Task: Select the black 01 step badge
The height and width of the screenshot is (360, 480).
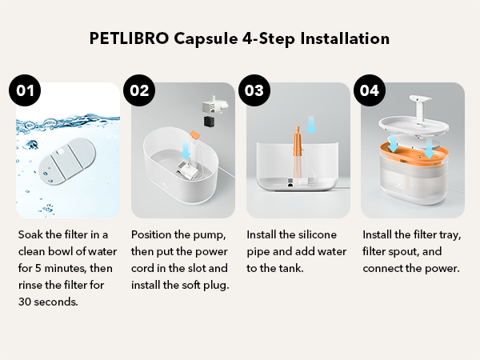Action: (26, 90)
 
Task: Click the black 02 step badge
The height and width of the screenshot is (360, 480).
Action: (140, 90)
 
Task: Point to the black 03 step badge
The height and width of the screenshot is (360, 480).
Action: (254, 90)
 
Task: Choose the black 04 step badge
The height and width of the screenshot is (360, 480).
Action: (369, 90)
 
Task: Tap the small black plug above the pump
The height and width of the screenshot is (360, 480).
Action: (208, 121)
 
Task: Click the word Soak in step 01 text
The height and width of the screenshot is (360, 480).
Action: (30, 235)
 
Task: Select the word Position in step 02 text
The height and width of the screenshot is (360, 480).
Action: (152, 235)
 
